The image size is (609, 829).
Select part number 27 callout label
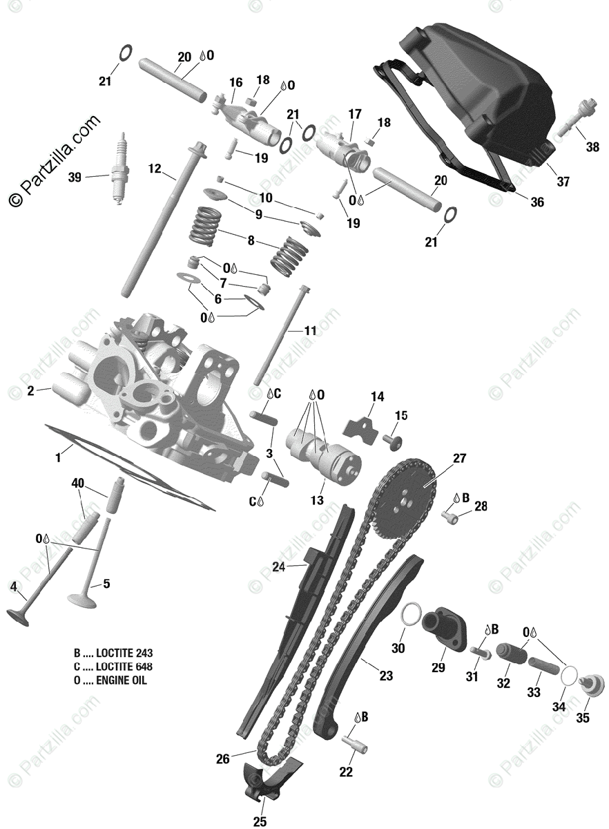(460, 459)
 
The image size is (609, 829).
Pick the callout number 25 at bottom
(260, 821)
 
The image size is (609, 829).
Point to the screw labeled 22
(355, 746)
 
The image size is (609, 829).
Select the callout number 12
(154, 168)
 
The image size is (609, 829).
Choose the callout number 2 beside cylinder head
(30, 391)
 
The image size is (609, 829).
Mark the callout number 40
(78, 484)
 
